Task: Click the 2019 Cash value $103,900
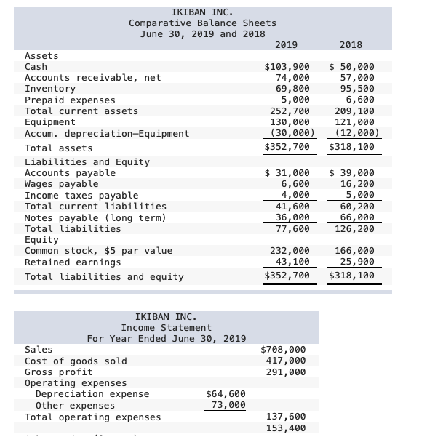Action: pyautogui.click(x=287, y=67)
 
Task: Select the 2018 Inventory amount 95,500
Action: pyautogui.click(x=353, y=89)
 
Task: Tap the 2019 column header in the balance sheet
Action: pyautogui.click(x=287, y=45)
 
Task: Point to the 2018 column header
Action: pyautogui.click(x=351, y=45)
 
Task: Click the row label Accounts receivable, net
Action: pyautogui.click(x=93, y=78)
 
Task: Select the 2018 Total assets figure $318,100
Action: pyautogui.click(x=351, y=148)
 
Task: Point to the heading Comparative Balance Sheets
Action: pyautogui.click(x=202, y=23)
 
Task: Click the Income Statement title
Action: pyautogui.click(x=167, y=328)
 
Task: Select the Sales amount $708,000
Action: pyautogui.click(x=284, y=350)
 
